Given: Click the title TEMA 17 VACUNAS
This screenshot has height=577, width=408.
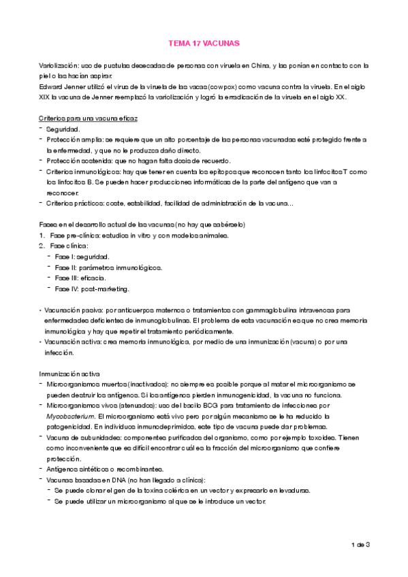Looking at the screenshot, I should click(204, 43).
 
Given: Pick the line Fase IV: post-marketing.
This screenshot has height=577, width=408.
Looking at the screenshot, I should click(93, 289).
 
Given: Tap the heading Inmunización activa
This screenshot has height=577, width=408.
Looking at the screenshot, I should click(71, 373).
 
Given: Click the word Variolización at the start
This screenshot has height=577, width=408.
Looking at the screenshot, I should click(59, 65).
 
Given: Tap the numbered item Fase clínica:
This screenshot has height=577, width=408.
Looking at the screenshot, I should click(69, 246).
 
